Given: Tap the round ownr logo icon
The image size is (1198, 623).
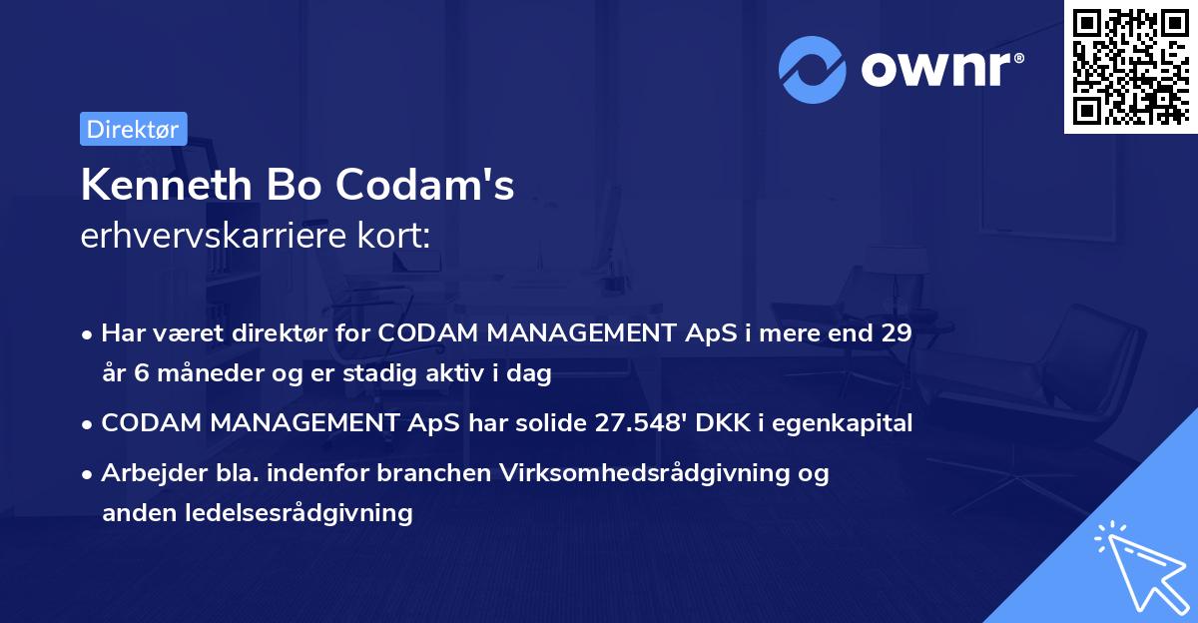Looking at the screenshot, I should point(813,70).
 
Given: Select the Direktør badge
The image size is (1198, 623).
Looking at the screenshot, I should point(133,129).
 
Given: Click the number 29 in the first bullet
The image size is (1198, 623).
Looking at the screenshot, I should point(896,333).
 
